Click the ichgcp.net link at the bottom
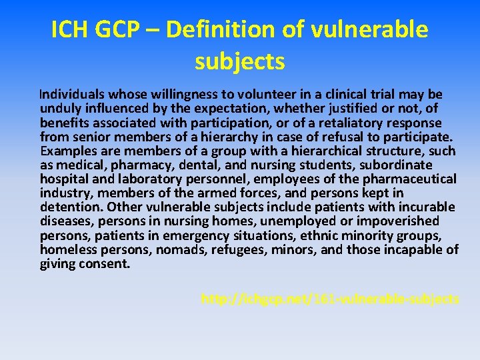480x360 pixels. tap(330, 299)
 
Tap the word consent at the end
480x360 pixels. tap(105, 263)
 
